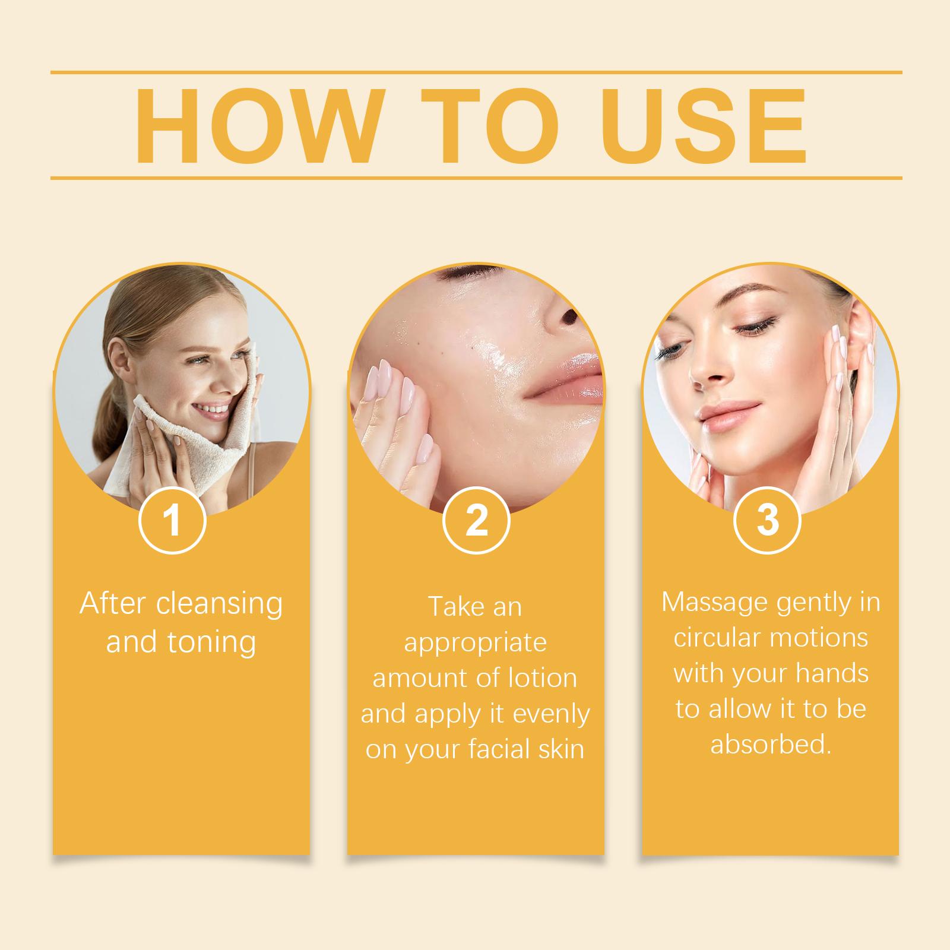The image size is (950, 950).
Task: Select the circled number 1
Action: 172,520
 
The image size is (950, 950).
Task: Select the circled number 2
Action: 476,520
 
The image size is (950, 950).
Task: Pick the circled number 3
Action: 768,520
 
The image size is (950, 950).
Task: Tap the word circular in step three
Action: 717,638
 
